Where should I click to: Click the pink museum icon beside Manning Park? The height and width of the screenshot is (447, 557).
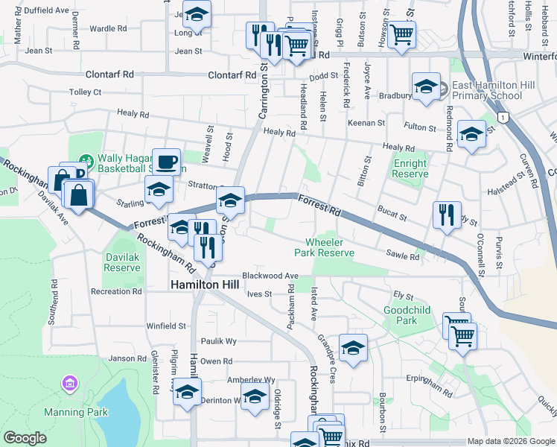pos(70,384)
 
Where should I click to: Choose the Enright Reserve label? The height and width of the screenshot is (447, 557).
pos(410,168)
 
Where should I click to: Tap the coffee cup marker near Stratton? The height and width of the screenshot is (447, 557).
pos(166,160)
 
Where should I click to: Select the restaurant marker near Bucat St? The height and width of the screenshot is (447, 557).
pos(447,215)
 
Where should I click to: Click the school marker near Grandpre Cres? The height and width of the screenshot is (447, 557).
pos(353,347)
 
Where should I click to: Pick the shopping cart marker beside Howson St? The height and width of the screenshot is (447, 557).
pos(401,34)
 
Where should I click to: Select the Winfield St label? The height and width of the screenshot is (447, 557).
pos(165,326)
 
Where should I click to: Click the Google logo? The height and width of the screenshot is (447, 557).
pos(25,438)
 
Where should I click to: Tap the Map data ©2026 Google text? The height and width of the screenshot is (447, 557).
pos(510,441)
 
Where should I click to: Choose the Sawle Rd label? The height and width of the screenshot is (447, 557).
pos(403,256)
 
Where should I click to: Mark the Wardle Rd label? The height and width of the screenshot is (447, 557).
pos(107,28)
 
